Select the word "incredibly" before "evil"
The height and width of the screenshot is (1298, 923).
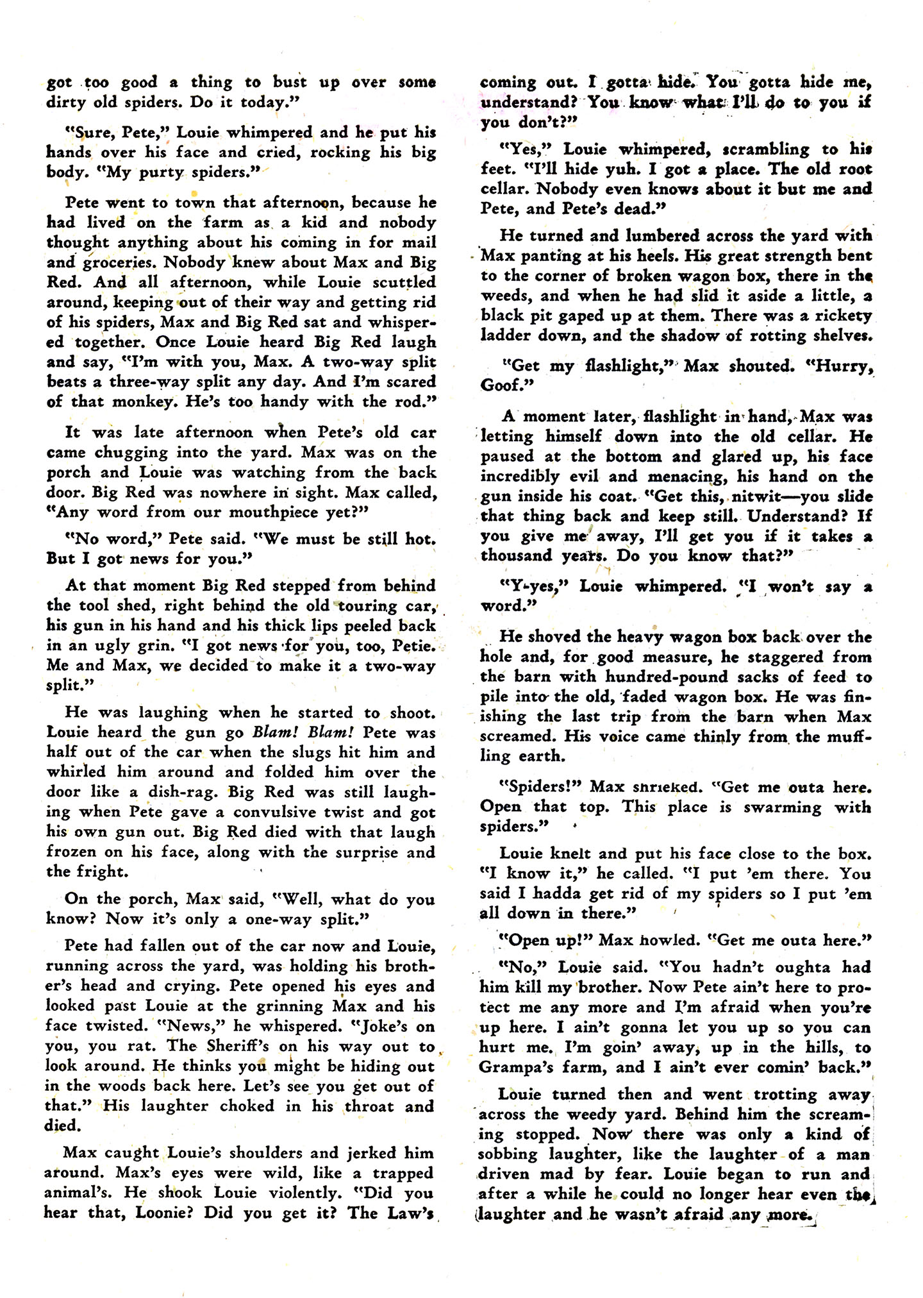click(x=520, y=476)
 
